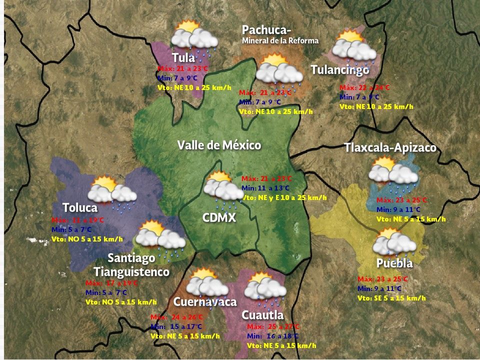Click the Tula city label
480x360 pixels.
[x=183, y=57]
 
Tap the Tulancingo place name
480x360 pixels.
[x=340, y=70]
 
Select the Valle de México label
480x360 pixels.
[x=219, y=145]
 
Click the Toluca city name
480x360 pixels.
[x=80, y=207]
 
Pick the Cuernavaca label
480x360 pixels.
[x=204, y=302]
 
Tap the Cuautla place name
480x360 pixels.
[x=262, y=315]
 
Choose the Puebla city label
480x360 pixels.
[x=394, y=263]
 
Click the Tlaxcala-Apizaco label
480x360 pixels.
[x=390, y=148]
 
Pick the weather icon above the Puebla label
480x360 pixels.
[x=394, y=242]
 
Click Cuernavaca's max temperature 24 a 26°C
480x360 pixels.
[x=177, y=317]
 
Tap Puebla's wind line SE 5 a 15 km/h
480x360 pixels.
[x=391, y=298]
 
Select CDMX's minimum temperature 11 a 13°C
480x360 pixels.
[x=265, y=188]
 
